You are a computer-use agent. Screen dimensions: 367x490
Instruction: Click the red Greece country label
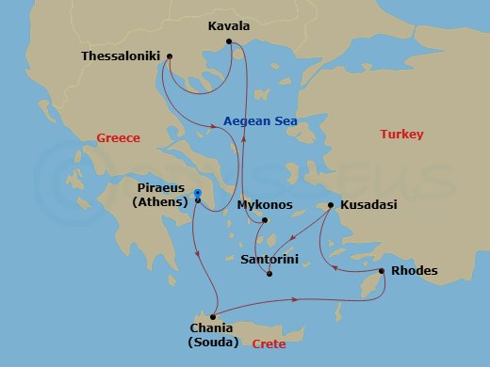[118, 138]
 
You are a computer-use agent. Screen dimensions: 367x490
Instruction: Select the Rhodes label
[414, 272]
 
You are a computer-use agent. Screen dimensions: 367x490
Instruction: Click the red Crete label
[269, 343]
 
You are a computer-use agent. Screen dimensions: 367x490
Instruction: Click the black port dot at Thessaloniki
[169, 56]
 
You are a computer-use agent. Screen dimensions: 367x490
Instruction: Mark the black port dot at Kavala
[231, 40]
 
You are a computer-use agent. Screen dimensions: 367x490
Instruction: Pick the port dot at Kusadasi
[331, 204]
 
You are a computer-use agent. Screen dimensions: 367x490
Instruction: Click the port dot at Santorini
[270, 274]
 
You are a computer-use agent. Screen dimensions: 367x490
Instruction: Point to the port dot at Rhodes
[382, 272]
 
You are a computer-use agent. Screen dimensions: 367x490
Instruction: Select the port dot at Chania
[215, 316]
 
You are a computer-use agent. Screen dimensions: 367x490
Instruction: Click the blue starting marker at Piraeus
[198, 194]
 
